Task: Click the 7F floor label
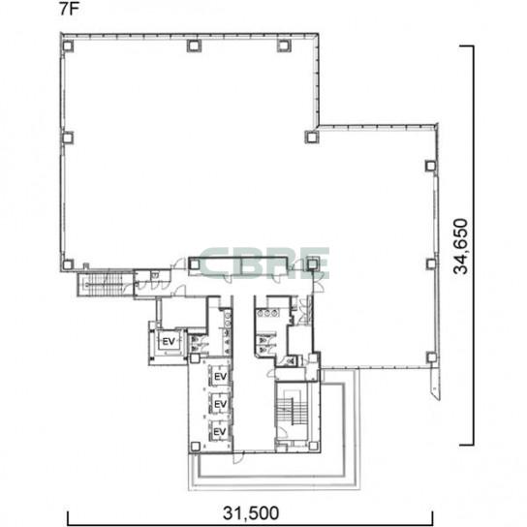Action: tap(69, 9)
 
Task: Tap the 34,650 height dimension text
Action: tap(460, 246)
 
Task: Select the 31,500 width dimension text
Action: tap(251, 512)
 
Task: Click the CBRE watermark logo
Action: tap(264, 263)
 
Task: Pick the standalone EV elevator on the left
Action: tap(169, 341)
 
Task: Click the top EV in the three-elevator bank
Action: tap(220, 377)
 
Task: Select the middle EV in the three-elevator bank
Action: tap(220, 404)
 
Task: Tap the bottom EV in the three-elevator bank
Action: tap(220, 431)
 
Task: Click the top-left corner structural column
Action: tap(68, 46)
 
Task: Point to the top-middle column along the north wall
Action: tap(194, 46)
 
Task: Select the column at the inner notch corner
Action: tap(311, 137)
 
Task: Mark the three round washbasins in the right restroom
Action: tap(267, 313)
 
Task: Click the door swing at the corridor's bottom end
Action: tap(237, 457)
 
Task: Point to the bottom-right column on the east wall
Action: tap(431, 356)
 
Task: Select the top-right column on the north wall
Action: tap(283, 46)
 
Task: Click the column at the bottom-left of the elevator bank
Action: tap(196, 447)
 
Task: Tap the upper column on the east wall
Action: tap(430, 166)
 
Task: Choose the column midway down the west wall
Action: tap(68, 138)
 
